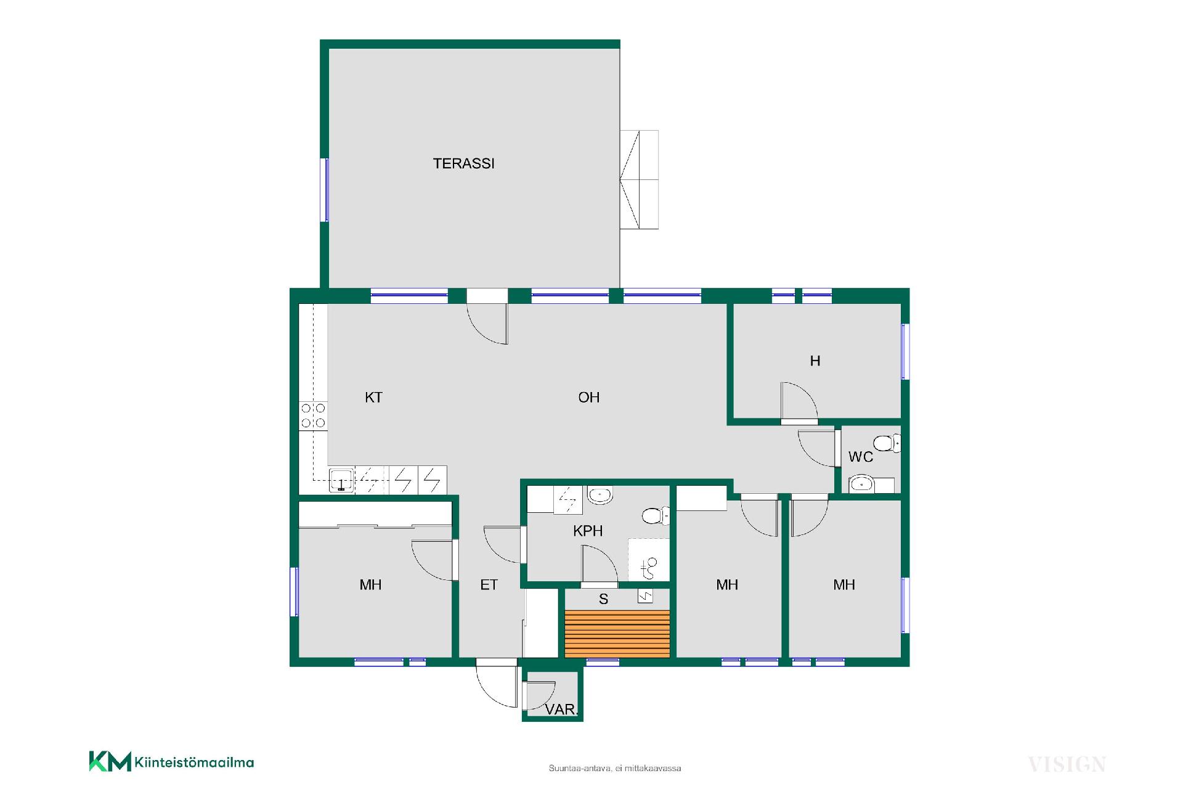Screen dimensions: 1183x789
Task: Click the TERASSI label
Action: pyautogui.click(x=463, y=163)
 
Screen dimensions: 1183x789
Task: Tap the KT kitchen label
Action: pyautogui.click(x=373, y=397)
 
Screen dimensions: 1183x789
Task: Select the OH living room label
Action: pyautogui.click(x=588, y=397)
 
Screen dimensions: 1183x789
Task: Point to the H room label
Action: pyautogui.click(x=815, y=361)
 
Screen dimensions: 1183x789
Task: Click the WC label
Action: pyautogui.click(x=860, y=457)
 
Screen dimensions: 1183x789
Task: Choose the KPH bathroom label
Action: pyautogui.click(x=587, y=531)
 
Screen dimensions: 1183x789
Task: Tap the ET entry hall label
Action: pyautogui.click(x=489, y=584)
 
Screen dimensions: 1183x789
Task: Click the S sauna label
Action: pyautogui.click(x=603, y=599)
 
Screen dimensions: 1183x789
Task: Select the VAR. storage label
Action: pyautogui.click(x=561, y=709)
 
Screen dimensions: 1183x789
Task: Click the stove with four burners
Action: pyautogui.click(x=313, y=415)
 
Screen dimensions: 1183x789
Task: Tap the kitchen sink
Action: pyautogui.click(x=341, y=480)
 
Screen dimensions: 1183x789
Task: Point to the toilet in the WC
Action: pyautogui.click(x=887, y=443)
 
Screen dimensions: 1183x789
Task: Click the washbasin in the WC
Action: pyautogui.click(x=862, y=484)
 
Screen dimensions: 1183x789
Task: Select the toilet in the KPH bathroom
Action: pyautogui.click(x=656, y=515)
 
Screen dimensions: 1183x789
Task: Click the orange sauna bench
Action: pyautogui.click(x=617, y=634)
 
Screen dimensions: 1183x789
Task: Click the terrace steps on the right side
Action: pyautogui.click(x=639, y=179)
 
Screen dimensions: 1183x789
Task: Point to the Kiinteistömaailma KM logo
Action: pyautogui.click(x=171, y=762)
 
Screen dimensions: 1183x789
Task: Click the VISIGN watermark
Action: pyautogui.click(x=1067, y=765)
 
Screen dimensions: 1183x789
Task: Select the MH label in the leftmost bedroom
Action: pyautogui.click(x=370, y=584)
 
